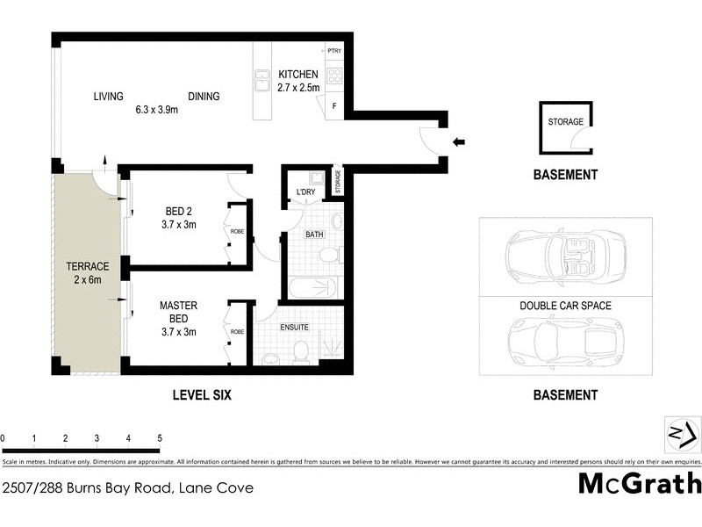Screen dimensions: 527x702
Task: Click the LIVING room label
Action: coord(109,97)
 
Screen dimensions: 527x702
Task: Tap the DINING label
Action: coord(204,97)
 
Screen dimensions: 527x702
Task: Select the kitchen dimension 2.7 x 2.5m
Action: coord(297,88)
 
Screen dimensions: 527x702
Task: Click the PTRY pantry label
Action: coord(334,52)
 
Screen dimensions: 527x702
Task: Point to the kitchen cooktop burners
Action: coord(334,76)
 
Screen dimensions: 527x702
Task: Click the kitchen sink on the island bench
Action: coord(261,81)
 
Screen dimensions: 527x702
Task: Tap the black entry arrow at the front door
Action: coord(459,141)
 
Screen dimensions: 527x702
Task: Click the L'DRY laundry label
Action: coord(305,191)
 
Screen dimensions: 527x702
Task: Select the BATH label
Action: coord(313,235)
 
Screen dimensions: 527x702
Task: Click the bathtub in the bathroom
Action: coord(311,287)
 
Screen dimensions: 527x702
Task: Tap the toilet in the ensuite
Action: coord(300,352)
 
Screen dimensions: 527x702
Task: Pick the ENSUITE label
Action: coord(294,327)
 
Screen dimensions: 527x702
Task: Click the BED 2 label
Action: coord(180,211)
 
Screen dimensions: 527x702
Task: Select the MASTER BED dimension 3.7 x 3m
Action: coord(178,332)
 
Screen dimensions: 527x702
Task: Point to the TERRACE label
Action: coord(87,266)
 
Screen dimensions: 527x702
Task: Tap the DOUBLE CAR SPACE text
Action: coord(566,306)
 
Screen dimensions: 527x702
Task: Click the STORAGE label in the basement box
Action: coord(565,121)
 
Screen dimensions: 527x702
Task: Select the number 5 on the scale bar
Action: coord(160,437)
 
